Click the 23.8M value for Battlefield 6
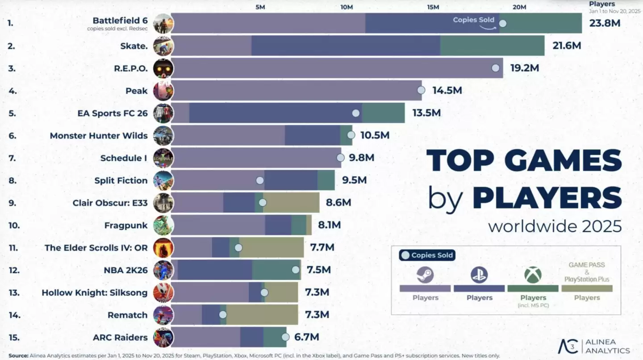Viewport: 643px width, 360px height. point(605,23)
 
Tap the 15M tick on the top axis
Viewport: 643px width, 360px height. point(433,7)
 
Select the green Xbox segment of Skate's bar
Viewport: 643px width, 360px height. point(492,46)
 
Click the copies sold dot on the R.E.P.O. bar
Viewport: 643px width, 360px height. point(495,68)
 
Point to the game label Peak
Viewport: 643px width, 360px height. point(136,91)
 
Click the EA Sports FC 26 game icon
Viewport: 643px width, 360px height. point(163,113)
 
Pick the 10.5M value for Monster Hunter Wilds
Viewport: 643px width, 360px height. point(375,135)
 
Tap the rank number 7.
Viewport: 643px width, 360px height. point(13,158)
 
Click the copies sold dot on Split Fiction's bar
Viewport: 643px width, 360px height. point(260,180)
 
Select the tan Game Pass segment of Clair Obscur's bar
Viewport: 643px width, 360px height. point(291,203)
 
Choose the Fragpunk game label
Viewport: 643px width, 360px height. point(125,225)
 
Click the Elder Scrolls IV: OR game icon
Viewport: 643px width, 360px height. point(163,247)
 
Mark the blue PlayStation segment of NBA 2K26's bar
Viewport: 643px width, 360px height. point(214,270)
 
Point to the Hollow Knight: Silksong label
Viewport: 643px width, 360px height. point(94,293)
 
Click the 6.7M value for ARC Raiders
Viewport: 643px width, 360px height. point(306,337)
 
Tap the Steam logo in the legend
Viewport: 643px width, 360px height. point(425,275)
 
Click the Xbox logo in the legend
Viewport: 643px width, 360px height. point(533,275)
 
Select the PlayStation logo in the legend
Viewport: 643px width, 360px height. point(479,275)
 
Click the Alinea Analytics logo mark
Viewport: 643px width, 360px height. point(568,346)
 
